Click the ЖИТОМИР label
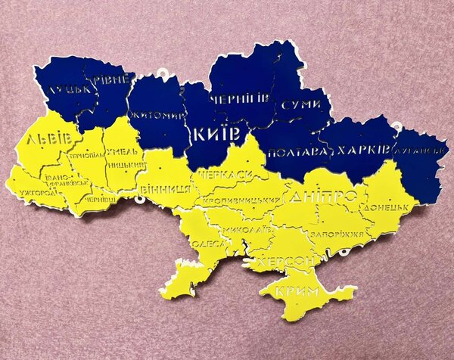(x=157, y=116)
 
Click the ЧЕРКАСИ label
(x=225, y=175)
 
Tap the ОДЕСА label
(x=207, y=244)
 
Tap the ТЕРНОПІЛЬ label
(x=85, y=154)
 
